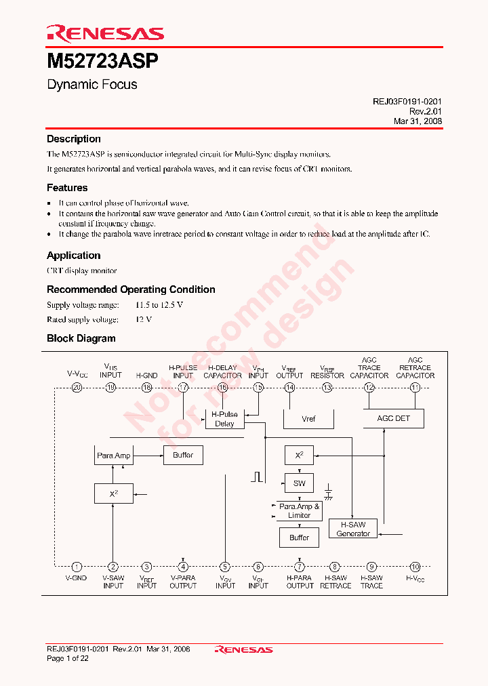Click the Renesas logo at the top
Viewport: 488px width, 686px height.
(105, 33)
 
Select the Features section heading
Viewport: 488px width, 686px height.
(67, 188)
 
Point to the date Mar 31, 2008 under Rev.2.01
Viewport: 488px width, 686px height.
(418, 121)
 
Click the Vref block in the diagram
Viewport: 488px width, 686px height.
(308, 419)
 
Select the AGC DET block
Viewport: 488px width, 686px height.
(393, 418)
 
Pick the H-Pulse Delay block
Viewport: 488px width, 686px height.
(224, 419)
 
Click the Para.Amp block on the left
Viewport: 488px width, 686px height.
(113, 456)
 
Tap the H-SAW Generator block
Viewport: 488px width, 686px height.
(353, 529)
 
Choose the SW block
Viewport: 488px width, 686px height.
(299, 483)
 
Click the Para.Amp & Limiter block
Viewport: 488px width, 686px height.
(299, 510)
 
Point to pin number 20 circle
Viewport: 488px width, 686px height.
(77, 388)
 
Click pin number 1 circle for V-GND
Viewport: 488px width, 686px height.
(77, 567)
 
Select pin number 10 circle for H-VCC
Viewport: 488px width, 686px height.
(415, 567)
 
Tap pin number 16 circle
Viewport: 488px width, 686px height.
(222, 388)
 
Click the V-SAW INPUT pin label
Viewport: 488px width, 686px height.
(113, 582)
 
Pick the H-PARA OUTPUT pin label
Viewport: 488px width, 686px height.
(300, 582)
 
